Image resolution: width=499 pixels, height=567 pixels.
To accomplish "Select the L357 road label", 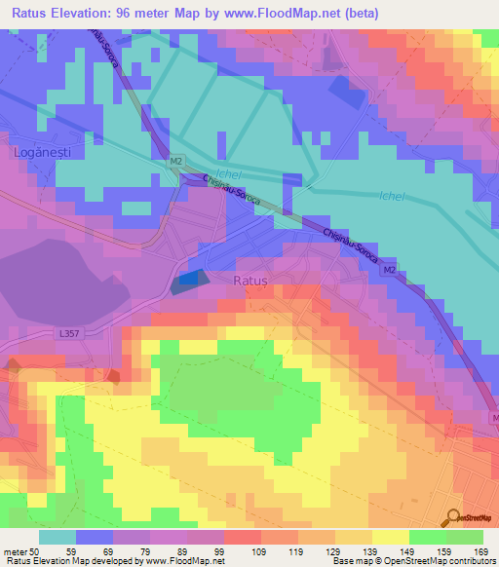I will coord(69,334).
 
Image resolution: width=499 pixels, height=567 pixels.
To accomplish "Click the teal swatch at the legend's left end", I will coord(58,537).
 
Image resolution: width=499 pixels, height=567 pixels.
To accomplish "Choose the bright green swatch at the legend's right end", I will coord(465,537).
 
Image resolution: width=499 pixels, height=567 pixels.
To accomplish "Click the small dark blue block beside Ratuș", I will coord(188,280).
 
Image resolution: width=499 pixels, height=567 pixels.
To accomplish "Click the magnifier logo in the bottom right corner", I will coord(454,517).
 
